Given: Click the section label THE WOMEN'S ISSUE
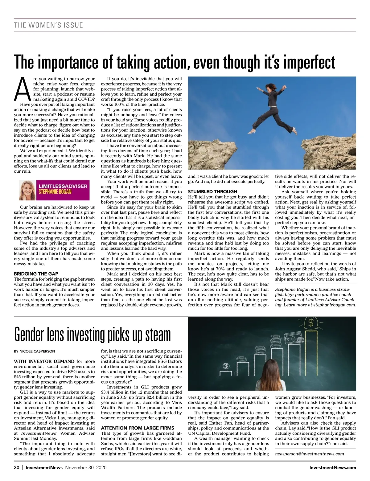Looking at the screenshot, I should click(48, 25).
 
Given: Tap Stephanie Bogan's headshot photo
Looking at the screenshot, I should click(27, 190).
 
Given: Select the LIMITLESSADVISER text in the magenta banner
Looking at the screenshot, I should click(63, 186).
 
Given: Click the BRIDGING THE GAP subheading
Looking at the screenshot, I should click(36, 274).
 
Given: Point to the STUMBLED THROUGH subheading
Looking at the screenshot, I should click(212, 191).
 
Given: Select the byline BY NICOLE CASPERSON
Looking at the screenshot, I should click(35, 351).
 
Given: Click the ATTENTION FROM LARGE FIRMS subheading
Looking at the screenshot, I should click(138, 428).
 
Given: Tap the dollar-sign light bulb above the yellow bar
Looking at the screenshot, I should click(310, 323).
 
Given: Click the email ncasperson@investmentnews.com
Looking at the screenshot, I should click(309, 454).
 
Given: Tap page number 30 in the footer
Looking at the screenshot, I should click(17, 467).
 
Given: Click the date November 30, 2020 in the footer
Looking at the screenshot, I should click(86, 467).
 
